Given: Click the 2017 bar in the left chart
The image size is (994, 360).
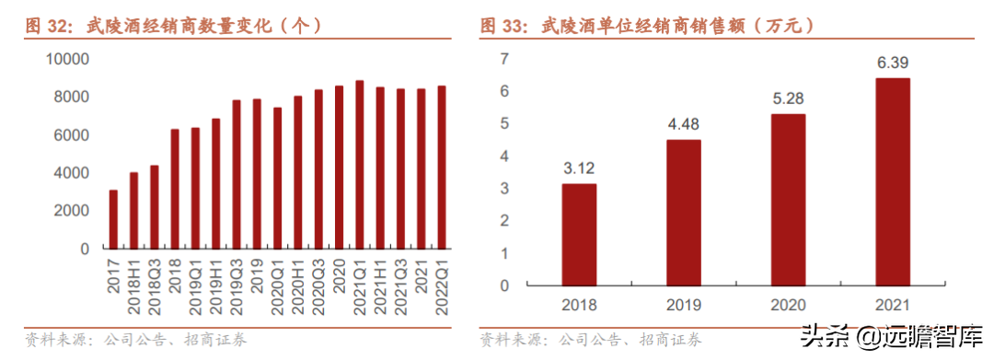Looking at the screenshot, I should tap(113, 219).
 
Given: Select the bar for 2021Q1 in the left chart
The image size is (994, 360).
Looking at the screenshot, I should tap(359, 165).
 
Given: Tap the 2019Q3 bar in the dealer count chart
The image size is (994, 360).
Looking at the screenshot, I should tap(237, 174).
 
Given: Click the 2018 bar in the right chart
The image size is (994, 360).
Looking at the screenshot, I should tap(579, 234).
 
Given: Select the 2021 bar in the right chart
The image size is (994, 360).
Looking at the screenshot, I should tap(893, 181).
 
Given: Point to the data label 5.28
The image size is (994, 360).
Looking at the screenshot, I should tap(788, 99).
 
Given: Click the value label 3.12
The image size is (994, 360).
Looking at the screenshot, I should tap(579, 168).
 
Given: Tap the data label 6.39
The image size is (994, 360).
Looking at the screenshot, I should tap(893, 63).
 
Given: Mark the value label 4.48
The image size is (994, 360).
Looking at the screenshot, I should tap(684, 124).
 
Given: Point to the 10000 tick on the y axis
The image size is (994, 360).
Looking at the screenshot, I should tap(66, 59).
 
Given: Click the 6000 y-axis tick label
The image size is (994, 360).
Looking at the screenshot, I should tap(71, 135).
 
